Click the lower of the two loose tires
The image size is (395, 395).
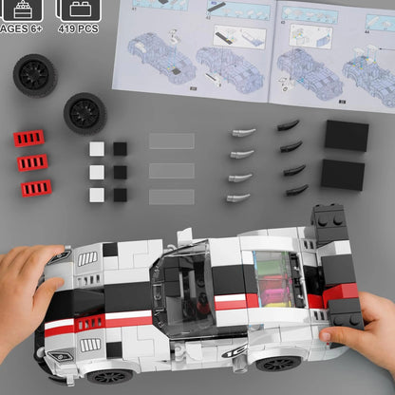85,113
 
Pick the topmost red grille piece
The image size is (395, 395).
30,139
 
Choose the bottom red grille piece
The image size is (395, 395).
37,187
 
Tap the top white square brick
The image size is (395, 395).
98,148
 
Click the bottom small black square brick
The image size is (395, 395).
120,194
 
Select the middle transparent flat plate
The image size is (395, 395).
171,170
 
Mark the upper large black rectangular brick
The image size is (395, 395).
346,136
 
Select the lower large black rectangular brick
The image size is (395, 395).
342,174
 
